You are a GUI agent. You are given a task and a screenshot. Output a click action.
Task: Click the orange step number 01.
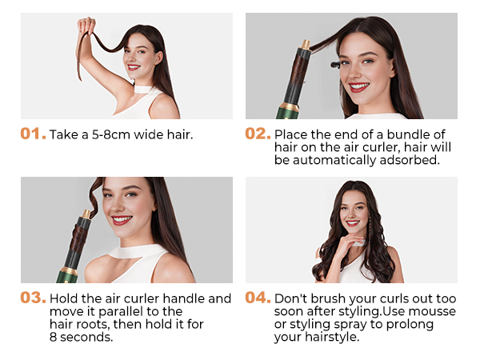33,134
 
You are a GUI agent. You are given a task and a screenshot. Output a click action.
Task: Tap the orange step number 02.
258,134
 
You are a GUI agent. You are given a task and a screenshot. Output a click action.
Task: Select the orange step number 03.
33,298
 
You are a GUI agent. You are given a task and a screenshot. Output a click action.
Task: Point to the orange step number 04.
258,298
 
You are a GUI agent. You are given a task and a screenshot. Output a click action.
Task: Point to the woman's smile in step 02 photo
358,87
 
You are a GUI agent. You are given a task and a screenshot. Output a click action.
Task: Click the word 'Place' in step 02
291,134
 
